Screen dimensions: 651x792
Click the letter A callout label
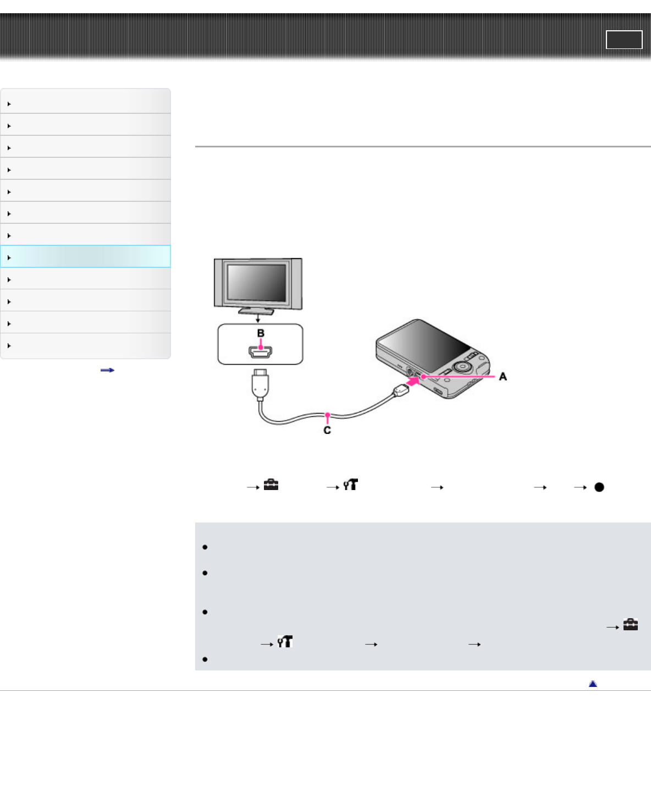(x=503, y=376)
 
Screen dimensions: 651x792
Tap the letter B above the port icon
(x=261, y=333)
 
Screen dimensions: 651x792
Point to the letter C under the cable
(x=327, y=430)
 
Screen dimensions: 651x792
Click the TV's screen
(x=257, y=282)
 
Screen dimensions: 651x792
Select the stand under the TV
(x=256, y=311)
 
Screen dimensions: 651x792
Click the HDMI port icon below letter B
(x=261, y=352)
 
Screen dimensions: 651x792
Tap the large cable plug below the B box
(x=260, y=385)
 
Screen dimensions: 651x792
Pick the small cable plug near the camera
(x=401, y=391)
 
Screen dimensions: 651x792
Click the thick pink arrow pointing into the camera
(x=413, y=382)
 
